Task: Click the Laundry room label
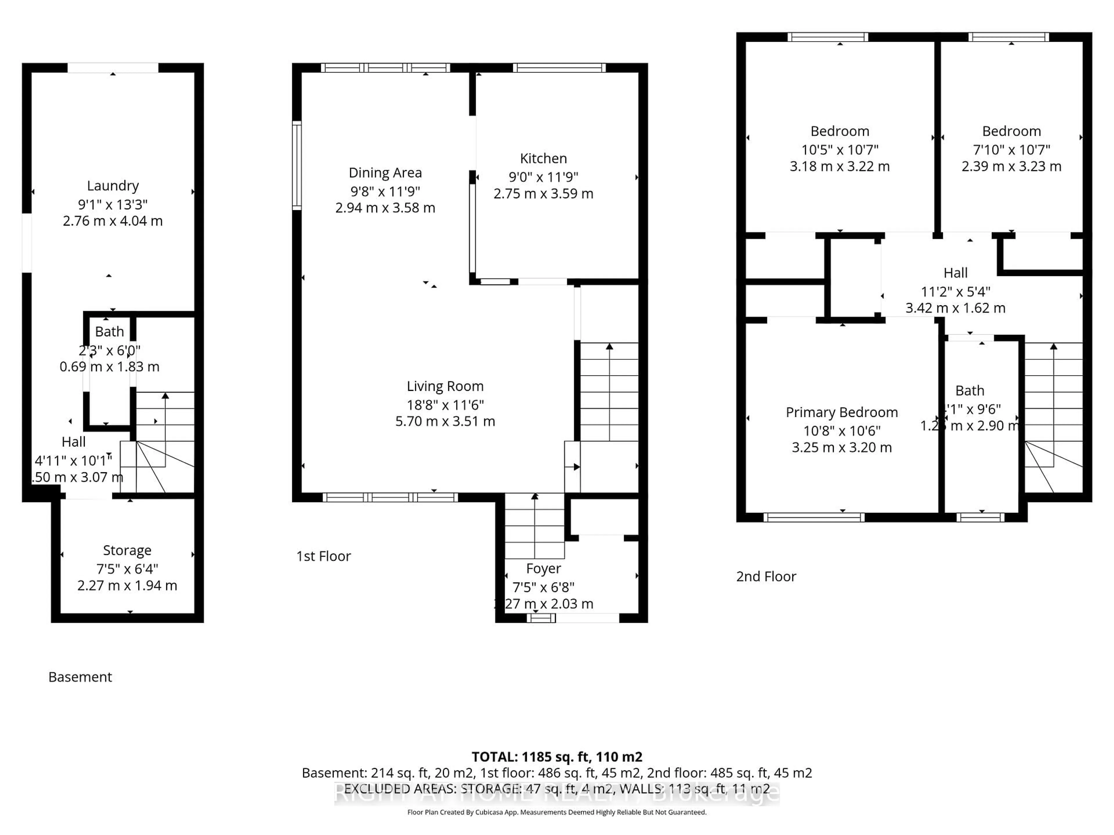pyautogui.click(x=113, y=186)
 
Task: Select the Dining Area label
pyautogui.click(x=385, y=173)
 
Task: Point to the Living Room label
pyautogui.click(x=445, y=386)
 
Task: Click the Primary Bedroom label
pyautogui.click(x=842, y=412)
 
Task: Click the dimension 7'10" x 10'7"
pyautogui.click(x=1011, y=150)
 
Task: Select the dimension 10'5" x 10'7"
pyautogui.click(x=840, y=150)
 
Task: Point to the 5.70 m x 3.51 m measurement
pyautogui.click(x=445, y=421)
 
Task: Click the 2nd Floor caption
pyautogui.click(x=766, y=576)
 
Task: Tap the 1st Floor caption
pyautogui.click(x=323, y=556)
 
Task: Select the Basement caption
pyautogui.click(x=80, y=677)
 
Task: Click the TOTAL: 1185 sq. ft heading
pyautogui.click(x=556, y=756)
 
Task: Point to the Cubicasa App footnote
pyautogui.click(x=556, y=812)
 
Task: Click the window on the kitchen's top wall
pyautogui.click(x=559, y=68)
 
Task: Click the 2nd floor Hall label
pyautogui.click(x=955, y=273)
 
